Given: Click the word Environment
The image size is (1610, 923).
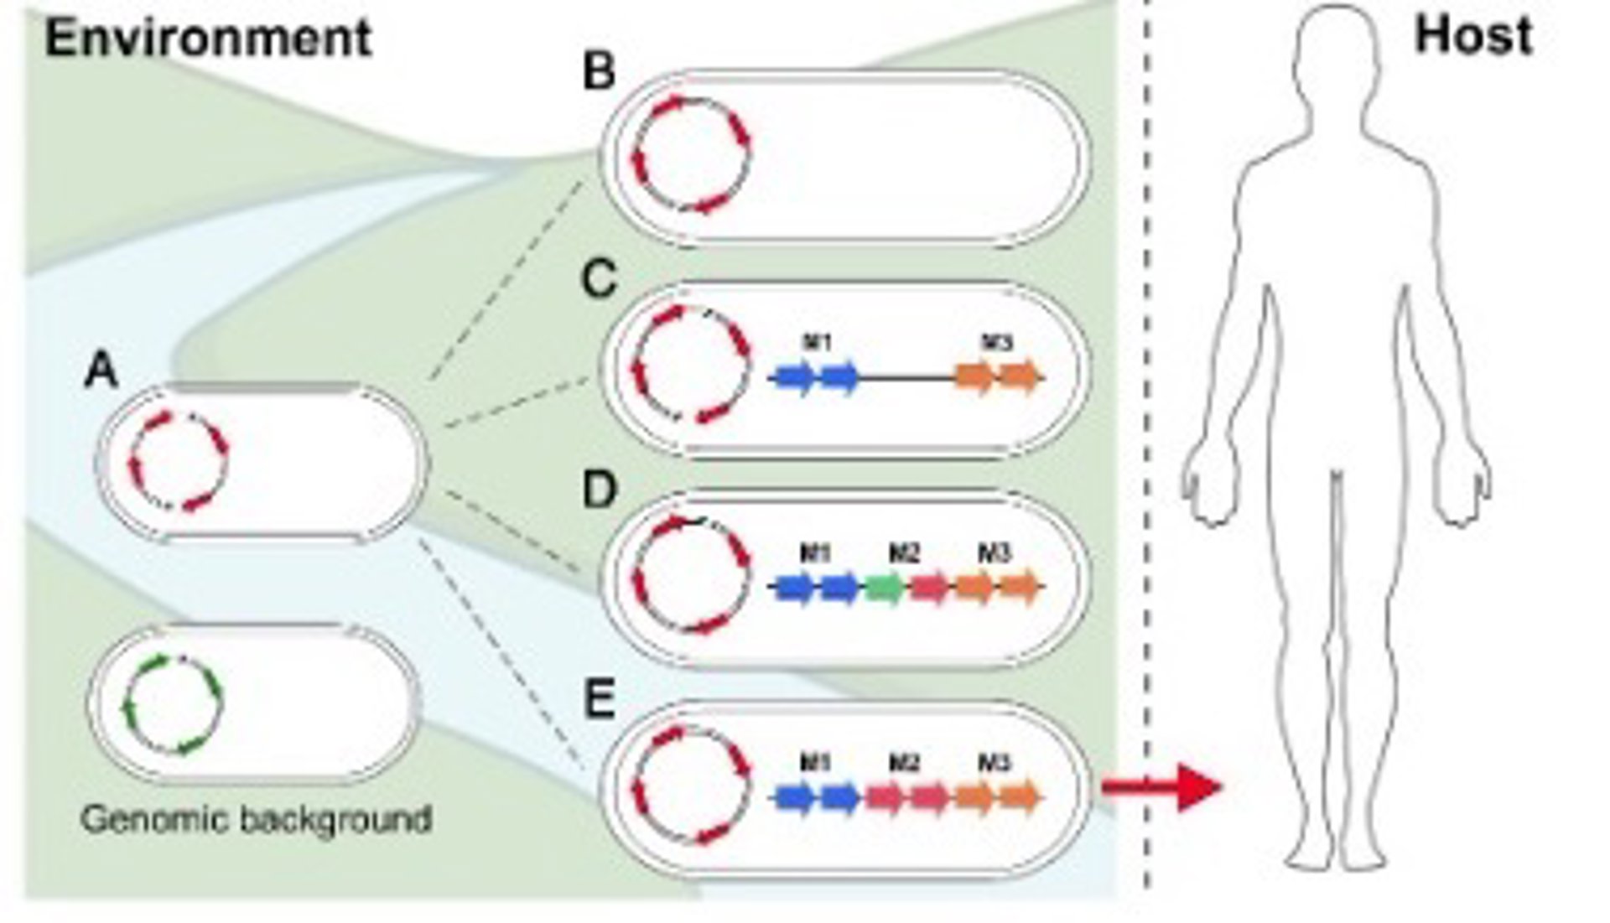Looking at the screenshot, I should tap(207, 39).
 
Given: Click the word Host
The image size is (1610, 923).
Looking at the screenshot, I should tap(1473, 37).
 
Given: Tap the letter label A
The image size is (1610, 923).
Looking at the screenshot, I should tap(101, 370).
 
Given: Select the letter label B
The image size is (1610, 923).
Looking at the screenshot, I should tap(599, 72).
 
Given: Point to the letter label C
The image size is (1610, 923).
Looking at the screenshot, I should tap(599, 279).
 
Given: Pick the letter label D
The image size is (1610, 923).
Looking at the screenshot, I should tap(599, 490).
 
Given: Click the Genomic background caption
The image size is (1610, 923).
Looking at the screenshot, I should tap(257, 819).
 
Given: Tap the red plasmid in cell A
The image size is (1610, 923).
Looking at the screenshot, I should tap(179, 461).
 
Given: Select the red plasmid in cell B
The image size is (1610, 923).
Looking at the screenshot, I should tap(692, 154).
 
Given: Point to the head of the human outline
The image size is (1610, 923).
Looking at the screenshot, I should tap(1336, 50).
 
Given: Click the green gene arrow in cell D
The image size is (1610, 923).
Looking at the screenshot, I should tap(884, 587).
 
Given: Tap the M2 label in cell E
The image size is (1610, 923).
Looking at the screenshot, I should tap(904, 763).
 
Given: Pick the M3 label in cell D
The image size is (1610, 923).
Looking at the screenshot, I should tap(995, 553).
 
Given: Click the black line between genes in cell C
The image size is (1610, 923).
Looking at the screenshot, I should tap(908, 378).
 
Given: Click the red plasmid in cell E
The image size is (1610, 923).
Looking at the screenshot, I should tap(692, 784).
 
